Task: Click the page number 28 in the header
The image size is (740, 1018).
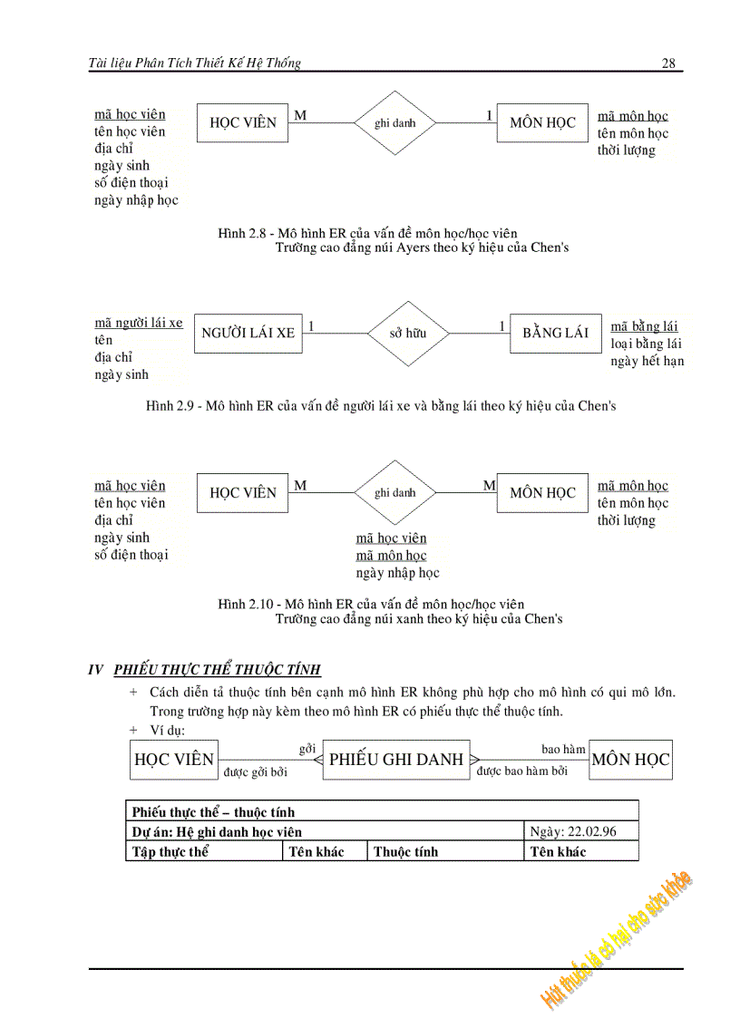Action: [668, 63]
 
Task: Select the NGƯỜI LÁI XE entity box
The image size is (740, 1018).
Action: [248, 333]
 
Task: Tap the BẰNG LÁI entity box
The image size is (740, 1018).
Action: [555, 333]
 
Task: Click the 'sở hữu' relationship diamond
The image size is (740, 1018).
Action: [407, 333]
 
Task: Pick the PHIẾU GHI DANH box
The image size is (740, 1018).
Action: [395, 760]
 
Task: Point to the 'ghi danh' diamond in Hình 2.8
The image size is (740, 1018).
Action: [394, 122]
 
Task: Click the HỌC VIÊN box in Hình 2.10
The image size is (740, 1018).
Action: [243, 493]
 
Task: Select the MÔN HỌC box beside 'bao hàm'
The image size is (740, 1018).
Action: [630, 760]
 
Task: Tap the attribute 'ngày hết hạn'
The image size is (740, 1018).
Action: [647, 361]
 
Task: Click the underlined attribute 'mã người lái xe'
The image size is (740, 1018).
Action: [139, 323]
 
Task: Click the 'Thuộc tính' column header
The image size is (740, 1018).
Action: [405, 851]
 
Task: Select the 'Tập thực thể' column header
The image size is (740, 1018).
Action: [170, 851]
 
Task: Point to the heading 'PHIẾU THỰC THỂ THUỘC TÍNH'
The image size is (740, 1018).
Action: [217, 670]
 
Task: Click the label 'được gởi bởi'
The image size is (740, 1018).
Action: [255, 772]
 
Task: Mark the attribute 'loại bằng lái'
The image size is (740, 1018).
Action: [647, 344]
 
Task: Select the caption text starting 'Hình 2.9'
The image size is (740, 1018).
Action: [381, 406]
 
